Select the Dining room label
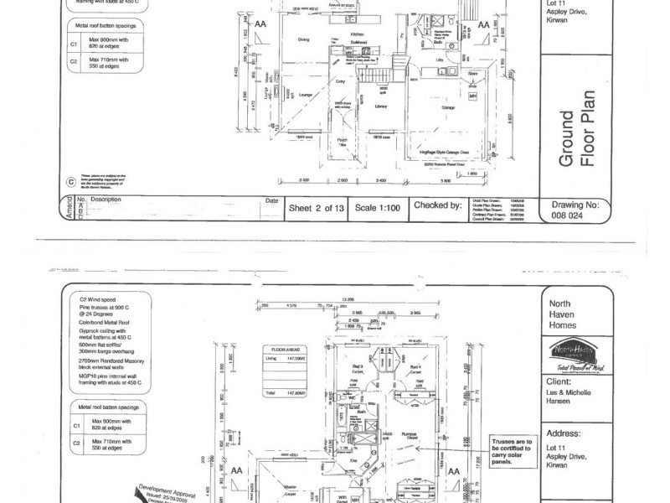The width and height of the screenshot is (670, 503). coord(305,39)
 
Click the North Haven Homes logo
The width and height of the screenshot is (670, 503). coord(572,350)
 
